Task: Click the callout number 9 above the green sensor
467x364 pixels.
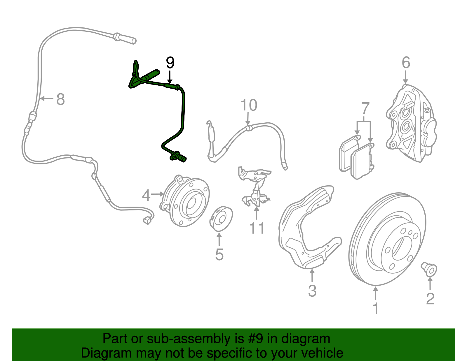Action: pos(170,63)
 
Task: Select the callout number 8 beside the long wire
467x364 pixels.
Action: pos(60,99)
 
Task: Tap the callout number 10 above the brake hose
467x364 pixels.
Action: pos(249,105)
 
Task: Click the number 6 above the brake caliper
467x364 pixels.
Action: pos(406,63)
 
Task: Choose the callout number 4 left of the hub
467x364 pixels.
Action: pos(146,195)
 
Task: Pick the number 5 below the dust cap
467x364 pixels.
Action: pos(219,255)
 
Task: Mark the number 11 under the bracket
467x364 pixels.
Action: pos(257,228)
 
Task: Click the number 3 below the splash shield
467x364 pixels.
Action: pos(312,291)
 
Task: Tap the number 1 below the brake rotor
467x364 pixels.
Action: pos(376,308)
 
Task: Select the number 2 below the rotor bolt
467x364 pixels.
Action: pos(430,299)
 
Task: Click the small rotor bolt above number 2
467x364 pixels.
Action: pos(429,269)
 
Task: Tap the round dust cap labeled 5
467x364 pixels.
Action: pos(221,219)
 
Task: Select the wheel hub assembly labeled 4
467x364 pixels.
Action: pos(187,201)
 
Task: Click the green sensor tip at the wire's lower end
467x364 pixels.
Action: pos(179,157)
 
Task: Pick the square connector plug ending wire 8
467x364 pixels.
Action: pos(147,221)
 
